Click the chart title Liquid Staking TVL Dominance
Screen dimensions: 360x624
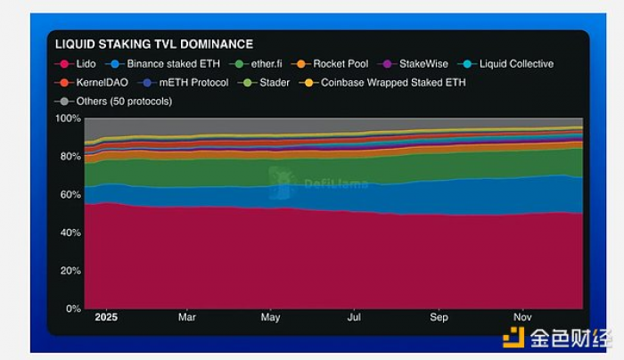tap(154, 44)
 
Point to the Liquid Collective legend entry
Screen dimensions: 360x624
tap(515, 64)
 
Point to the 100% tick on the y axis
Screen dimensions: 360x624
tap(69, 118)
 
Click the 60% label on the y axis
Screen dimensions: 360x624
tap(70, 194)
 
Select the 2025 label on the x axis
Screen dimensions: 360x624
tap(106, 317)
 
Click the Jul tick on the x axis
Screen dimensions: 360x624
tap(354, 317)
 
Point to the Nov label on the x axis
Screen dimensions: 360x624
tap(522, 317)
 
